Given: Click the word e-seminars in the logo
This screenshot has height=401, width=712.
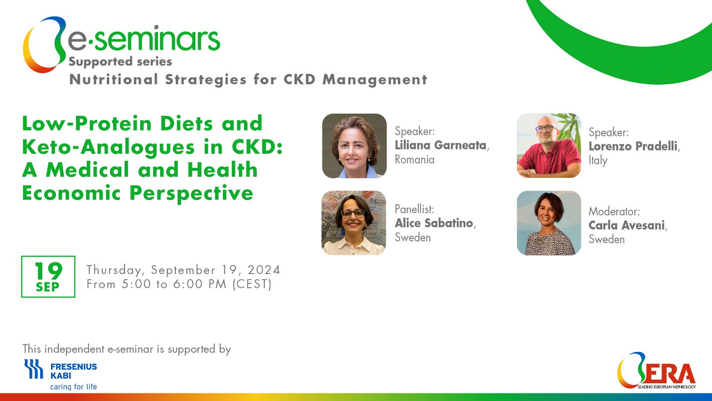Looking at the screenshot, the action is coord(144,39).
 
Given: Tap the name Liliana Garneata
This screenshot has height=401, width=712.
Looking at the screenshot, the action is coord(441,145).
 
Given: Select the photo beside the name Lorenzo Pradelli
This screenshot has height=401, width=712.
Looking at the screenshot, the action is coord(549,145).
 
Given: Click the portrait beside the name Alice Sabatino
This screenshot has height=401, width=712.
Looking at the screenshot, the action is coord(354,223).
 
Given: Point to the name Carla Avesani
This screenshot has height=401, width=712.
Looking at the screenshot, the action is coord(627,225).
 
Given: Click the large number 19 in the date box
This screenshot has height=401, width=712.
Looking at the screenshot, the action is coord(49,271).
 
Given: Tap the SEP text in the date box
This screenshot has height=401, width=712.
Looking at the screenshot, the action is coord(48,287).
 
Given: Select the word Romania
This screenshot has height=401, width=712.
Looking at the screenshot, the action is coord(414,160).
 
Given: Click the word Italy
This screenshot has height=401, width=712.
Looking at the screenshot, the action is coord(598,160).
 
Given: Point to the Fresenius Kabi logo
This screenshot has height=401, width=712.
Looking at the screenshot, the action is coord(61,374).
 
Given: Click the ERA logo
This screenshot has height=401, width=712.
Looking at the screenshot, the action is coord(657,370).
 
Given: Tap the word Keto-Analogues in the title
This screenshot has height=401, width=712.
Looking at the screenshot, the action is coord(109,147).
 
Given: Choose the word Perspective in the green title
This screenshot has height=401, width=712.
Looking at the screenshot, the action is coord(191,193).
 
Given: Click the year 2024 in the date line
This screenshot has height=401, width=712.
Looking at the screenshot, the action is coord(264,270).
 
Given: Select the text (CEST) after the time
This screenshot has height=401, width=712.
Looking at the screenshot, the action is coord(252,284).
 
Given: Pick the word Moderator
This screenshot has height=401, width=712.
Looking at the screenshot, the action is coord(614,211).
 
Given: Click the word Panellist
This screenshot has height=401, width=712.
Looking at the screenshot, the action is coord(414,209).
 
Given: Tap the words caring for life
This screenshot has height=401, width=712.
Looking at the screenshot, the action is coord(73,387).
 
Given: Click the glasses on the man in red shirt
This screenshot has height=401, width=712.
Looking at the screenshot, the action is coord(545,129).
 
